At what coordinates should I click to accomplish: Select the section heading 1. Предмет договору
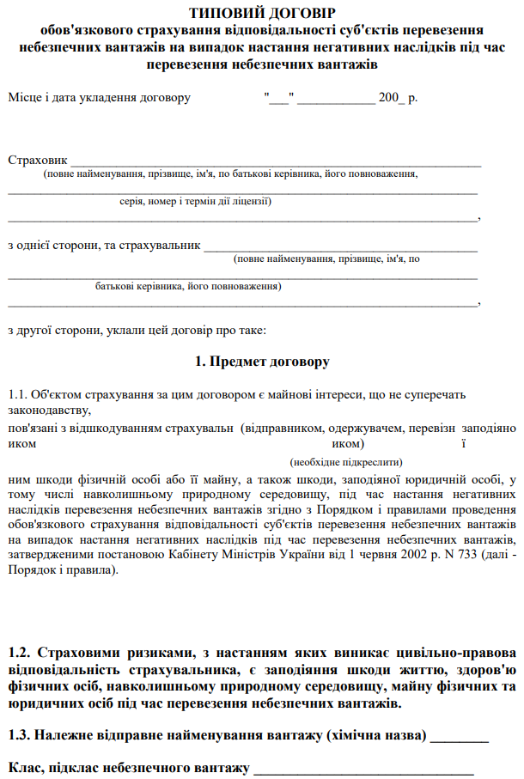262,362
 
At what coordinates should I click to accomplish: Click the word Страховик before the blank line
37,160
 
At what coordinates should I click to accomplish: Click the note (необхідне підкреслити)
347,461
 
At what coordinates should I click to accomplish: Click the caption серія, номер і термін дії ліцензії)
196,202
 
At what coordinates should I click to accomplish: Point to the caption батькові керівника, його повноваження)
188,286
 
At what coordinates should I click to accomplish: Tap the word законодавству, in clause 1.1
42,410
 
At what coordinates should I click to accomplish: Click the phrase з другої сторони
51,329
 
